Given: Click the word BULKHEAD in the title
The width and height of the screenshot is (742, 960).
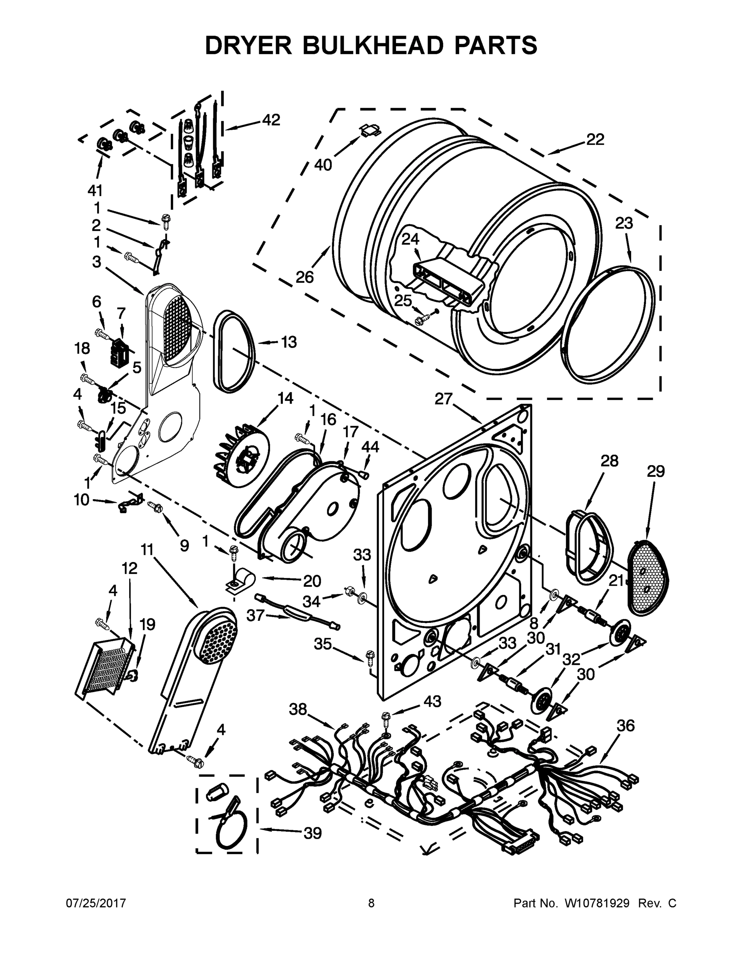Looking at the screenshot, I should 372,45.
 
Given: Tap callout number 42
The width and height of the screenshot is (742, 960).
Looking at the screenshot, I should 271,120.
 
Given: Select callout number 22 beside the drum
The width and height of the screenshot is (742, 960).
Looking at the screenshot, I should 595,139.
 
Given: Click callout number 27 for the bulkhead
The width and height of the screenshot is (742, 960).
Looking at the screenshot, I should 444,399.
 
